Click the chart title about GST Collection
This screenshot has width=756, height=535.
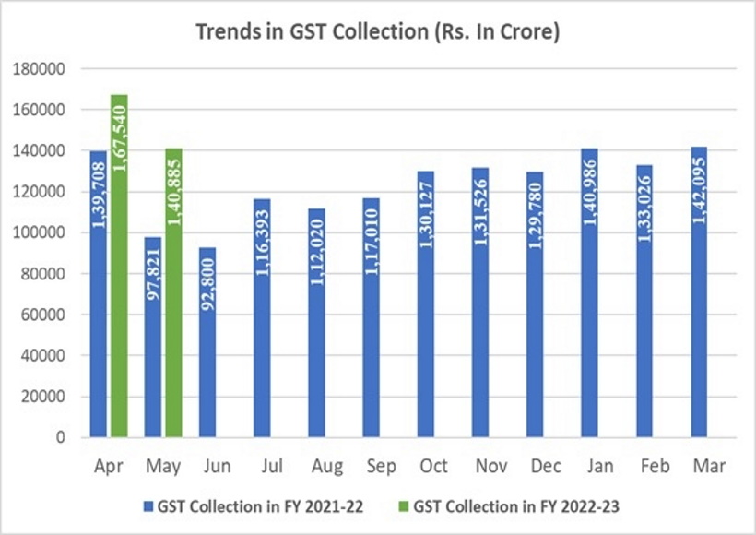click(x=379, y=32)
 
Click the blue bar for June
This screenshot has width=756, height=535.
click(x=207, y=341)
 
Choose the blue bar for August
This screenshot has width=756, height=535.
click(x=316, y=322)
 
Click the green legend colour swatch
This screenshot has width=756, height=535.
click(x=403, y=506)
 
